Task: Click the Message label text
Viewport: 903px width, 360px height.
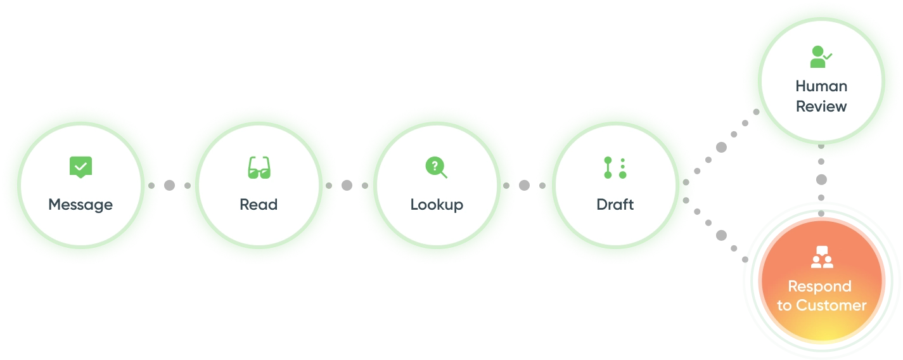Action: click(x=80, y=205)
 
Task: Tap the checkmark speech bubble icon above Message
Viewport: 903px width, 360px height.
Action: click(x=80, y=167)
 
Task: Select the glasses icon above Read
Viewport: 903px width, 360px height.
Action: click(x=259, y=167)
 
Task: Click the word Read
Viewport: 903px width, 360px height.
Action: click(x=259, y=205)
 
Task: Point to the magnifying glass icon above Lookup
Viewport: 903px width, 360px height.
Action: click(x=436, y=167)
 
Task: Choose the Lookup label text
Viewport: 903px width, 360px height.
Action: click(x=437, y=205)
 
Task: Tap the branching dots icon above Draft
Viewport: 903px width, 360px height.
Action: click(x=615, y=167)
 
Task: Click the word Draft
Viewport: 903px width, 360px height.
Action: click(x=615, y=205)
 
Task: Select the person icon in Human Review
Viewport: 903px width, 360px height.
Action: click(x=821, y=58)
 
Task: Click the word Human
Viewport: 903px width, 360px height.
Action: click(x=821, y=86)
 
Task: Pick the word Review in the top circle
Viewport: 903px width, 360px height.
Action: click(x=821, y=106)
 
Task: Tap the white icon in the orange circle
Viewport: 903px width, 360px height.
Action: click(x=821, y=256)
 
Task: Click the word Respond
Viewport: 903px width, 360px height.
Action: click(x=819, y=286)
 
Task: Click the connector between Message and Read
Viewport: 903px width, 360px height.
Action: click(x=169, y=185)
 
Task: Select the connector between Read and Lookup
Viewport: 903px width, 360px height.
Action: click(x=347, y=185)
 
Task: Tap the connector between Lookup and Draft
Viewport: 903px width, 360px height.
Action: click(x=524, y=185)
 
